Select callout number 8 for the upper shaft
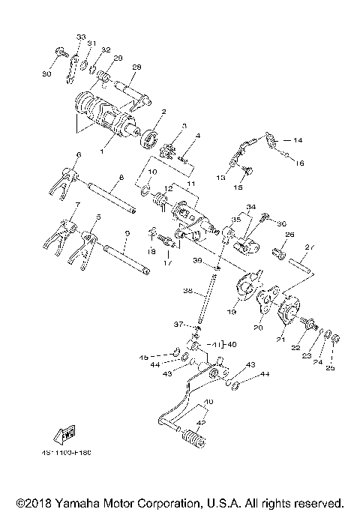pyautogui.click(x=120, y=178)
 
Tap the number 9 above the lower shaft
pyautogui.click(x=126, y=233)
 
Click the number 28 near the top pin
pyautogui.click(x=136, y=67)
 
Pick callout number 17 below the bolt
pyautogui.click(x=166, y=263)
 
